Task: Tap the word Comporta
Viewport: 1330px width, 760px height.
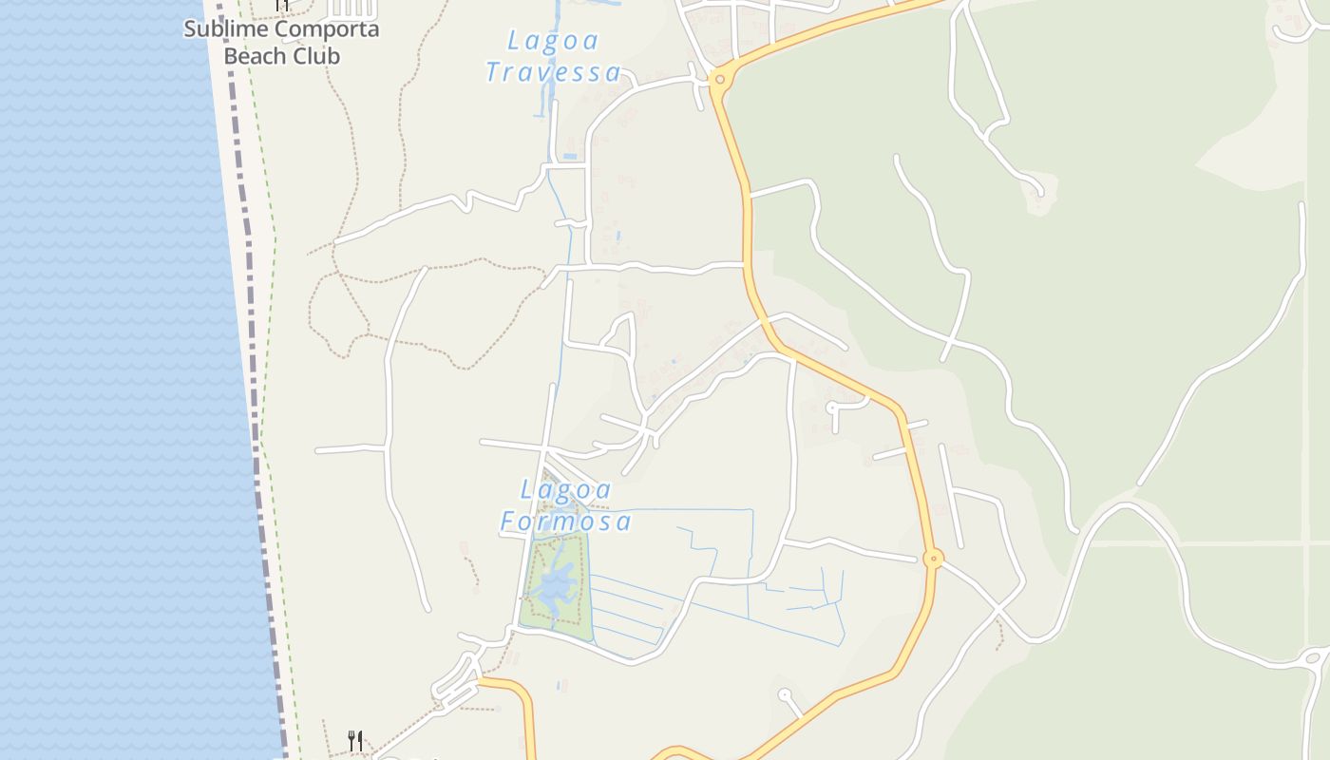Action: pyautogui.click(x=325, y=28)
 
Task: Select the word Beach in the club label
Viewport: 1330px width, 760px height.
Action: pyautogui.click(x=255, y=56)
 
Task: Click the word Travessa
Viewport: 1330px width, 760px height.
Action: pyautogui.click(x=553, y=72)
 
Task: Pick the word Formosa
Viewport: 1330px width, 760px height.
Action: pyautogui.click(x=566, y=522)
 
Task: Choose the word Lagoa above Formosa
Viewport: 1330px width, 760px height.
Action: pyautogui.click(x=566, y=490)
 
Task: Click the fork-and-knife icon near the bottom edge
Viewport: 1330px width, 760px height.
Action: pyautogui.click(x=355, y=740)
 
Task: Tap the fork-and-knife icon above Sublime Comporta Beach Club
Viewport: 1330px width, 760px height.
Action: pyautogui.click(x=281, y=5)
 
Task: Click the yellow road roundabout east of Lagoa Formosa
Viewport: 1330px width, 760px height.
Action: pyautogui.click(x=934, y=559)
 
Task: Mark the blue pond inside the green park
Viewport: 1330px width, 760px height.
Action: pyautogui.click(x=553, y=587)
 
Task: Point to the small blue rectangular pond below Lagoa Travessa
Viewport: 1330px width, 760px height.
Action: pyautogui.click(x=569, y=155)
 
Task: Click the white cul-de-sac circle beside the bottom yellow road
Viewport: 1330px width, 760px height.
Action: pyautogui.click(x=785, y=695)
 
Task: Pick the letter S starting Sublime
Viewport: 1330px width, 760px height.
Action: pyautogui.click(x=190, y=28)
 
